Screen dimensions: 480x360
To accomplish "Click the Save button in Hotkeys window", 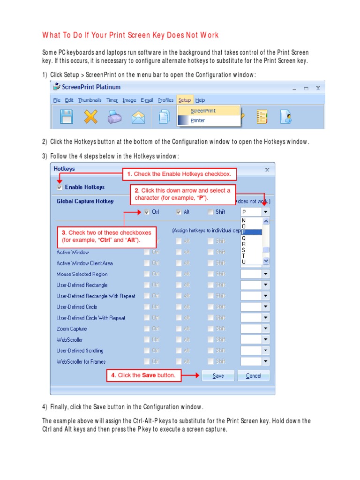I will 218,375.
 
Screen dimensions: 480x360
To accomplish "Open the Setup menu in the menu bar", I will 184,100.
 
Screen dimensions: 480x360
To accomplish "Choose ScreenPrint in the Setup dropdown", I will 203,111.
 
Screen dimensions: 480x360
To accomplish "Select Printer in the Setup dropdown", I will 198,120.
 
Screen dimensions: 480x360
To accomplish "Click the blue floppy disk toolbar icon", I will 66,117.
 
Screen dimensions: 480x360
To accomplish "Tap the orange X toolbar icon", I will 90,117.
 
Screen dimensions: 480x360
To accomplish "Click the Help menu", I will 200,100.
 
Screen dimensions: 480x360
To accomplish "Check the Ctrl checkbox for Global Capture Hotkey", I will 147,212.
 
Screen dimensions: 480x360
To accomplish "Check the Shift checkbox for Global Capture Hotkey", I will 211,212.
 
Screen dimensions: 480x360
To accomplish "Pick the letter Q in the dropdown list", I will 244,238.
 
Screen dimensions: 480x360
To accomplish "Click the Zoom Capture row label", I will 72,329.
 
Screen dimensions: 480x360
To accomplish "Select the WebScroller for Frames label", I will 81,361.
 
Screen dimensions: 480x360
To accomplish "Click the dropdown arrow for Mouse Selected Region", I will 266,274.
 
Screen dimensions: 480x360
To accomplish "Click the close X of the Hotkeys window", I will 267,170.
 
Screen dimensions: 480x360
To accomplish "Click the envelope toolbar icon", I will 138,117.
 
